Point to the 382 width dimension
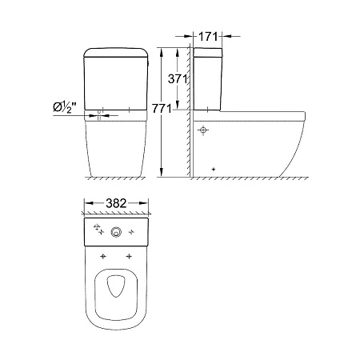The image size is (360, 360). pos(118,205)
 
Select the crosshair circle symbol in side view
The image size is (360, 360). pos(203,129)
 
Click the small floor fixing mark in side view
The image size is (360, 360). pos(214,169)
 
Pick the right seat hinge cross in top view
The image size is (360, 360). pos(130,257)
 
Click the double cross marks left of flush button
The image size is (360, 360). pos(98,230)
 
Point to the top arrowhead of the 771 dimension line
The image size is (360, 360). pos(163,50)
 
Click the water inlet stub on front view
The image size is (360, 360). pos(98,113)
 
